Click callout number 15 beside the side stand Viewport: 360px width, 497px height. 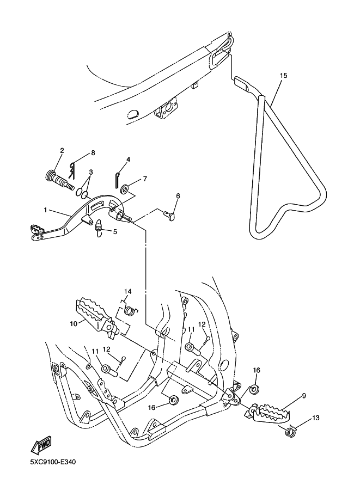283,76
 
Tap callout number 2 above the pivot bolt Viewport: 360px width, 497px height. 62,150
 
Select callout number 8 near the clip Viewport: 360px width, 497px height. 93,153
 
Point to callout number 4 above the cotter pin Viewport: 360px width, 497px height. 128,159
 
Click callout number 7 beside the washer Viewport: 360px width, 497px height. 145,179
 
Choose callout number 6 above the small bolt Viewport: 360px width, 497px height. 178,195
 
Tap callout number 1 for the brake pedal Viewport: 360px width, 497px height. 46,209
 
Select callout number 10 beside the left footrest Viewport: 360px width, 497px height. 74,323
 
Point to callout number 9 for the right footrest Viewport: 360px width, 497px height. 303,396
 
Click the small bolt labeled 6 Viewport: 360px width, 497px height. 171,217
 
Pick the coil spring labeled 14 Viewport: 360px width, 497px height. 130,311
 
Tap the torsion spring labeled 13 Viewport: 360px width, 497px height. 291,432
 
